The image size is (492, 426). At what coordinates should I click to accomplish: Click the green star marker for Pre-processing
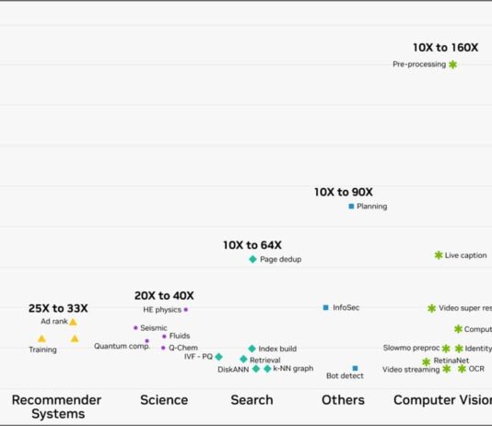(452, 65)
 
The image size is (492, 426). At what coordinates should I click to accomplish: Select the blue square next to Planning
(351, 207)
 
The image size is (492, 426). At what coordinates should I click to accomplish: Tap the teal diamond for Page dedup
(252, 259)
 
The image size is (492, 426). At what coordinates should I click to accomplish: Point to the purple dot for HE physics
(186, 310)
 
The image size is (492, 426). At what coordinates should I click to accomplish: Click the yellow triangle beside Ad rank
(73, 322)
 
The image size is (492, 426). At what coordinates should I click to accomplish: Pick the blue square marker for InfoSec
(325, 307)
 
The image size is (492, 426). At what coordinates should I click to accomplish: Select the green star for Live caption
(439, 255)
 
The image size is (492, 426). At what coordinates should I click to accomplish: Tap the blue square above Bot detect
(355, 368)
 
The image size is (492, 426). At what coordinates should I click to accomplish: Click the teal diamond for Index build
(252, 349)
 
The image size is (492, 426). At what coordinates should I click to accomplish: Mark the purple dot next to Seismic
(135, 327)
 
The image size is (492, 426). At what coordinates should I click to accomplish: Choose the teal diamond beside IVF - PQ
(218, 357)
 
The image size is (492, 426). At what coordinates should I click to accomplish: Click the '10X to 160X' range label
(445, 47)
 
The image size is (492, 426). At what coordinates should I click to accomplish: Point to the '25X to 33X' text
(58, 308)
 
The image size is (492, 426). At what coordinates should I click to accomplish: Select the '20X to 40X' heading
(164, 296)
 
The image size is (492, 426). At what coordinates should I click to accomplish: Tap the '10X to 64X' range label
(252, 245)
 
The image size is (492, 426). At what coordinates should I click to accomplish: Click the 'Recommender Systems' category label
(57, 407)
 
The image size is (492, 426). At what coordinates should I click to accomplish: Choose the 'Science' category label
(164, 400)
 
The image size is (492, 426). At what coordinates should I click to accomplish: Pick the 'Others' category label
(343, 400)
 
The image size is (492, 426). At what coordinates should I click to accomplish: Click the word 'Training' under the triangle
(42, 349)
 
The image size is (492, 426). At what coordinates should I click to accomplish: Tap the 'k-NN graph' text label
(293, 369)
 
